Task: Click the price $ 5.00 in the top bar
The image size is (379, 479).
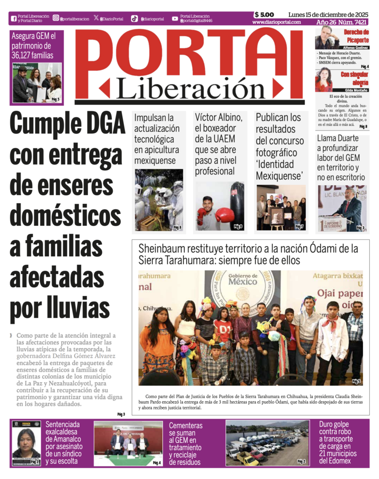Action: (x=264, y=15)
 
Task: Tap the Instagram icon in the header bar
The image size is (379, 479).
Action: (x=56, y=18)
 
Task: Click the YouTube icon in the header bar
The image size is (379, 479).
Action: (x=175, y=19)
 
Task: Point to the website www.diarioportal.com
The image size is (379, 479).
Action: (x=276, y=22)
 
